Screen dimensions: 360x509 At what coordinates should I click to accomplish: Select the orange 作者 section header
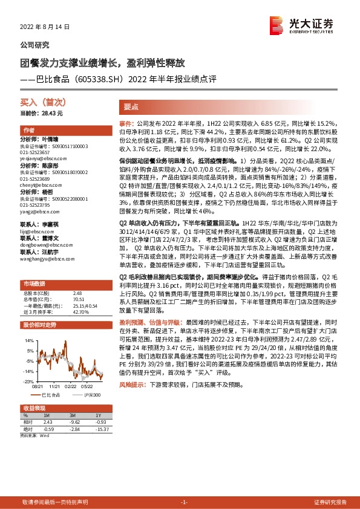point(28,131)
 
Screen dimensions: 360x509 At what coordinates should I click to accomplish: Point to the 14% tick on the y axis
point(28,340)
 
